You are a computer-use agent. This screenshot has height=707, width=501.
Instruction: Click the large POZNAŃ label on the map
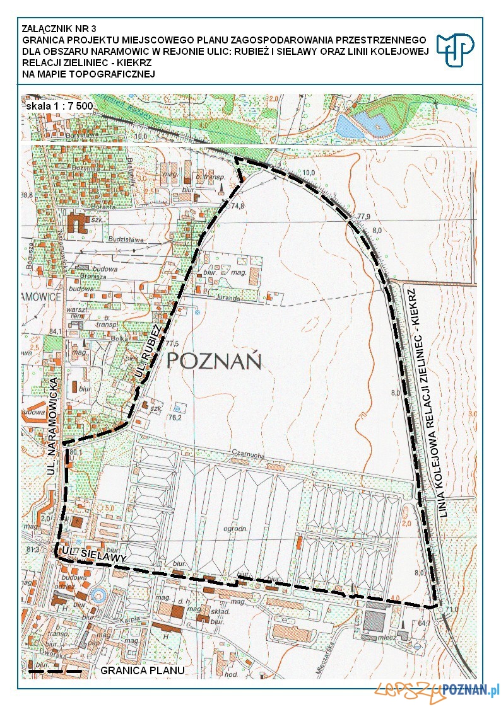click(215, 362)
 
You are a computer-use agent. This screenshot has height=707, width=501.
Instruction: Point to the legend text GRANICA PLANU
click(143, 670)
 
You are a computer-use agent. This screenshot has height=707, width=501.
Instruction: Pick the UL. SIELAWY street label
click(95, 555)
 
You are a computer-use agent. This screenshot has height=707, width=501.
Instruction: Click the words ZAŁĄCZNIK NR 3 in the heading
click(54, 28)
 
